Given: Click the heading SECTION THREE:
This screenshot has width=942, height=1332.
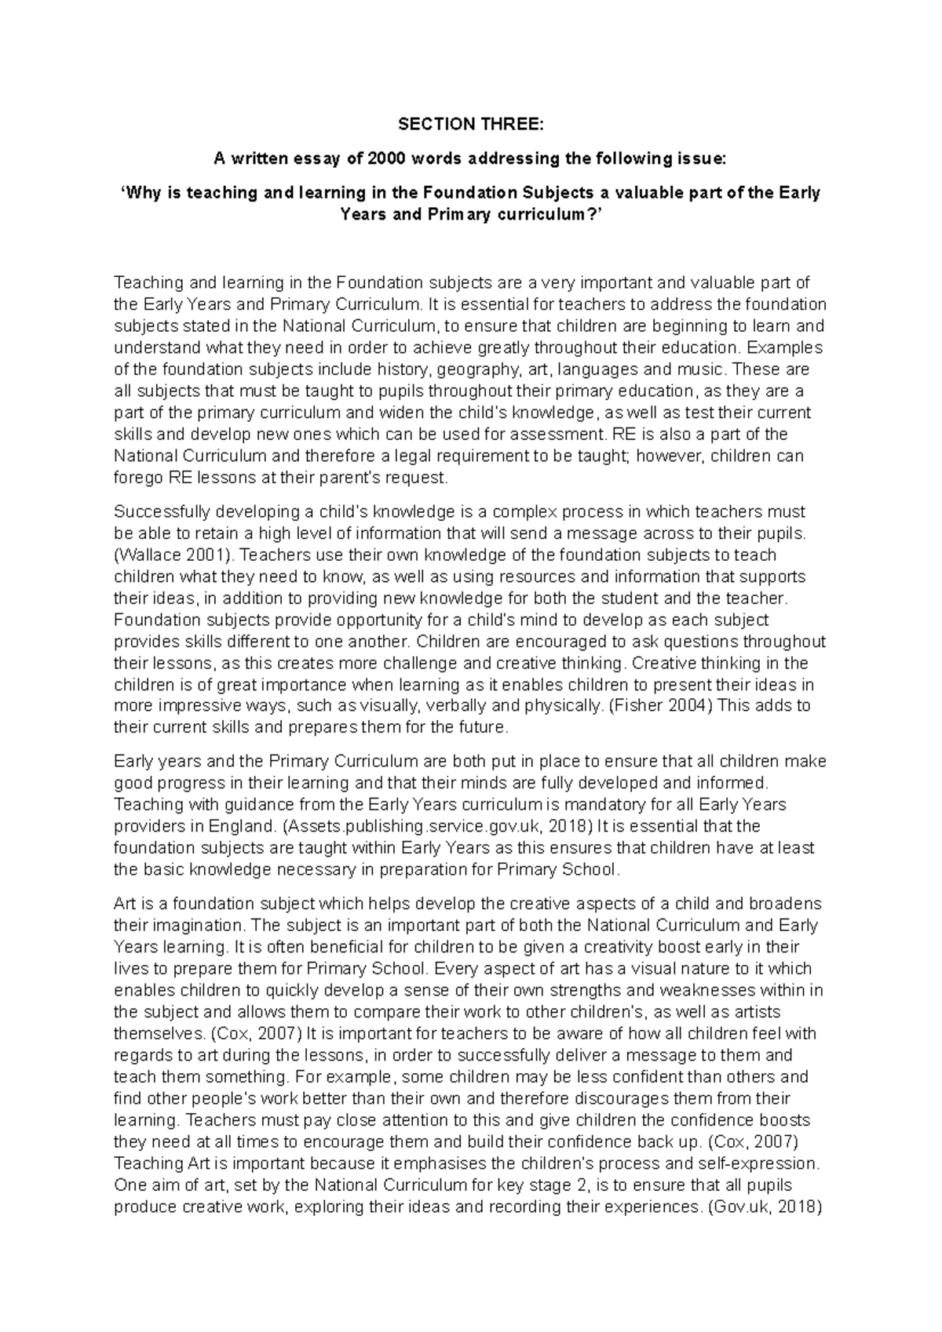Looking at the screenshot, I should (x=470, y=125).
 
